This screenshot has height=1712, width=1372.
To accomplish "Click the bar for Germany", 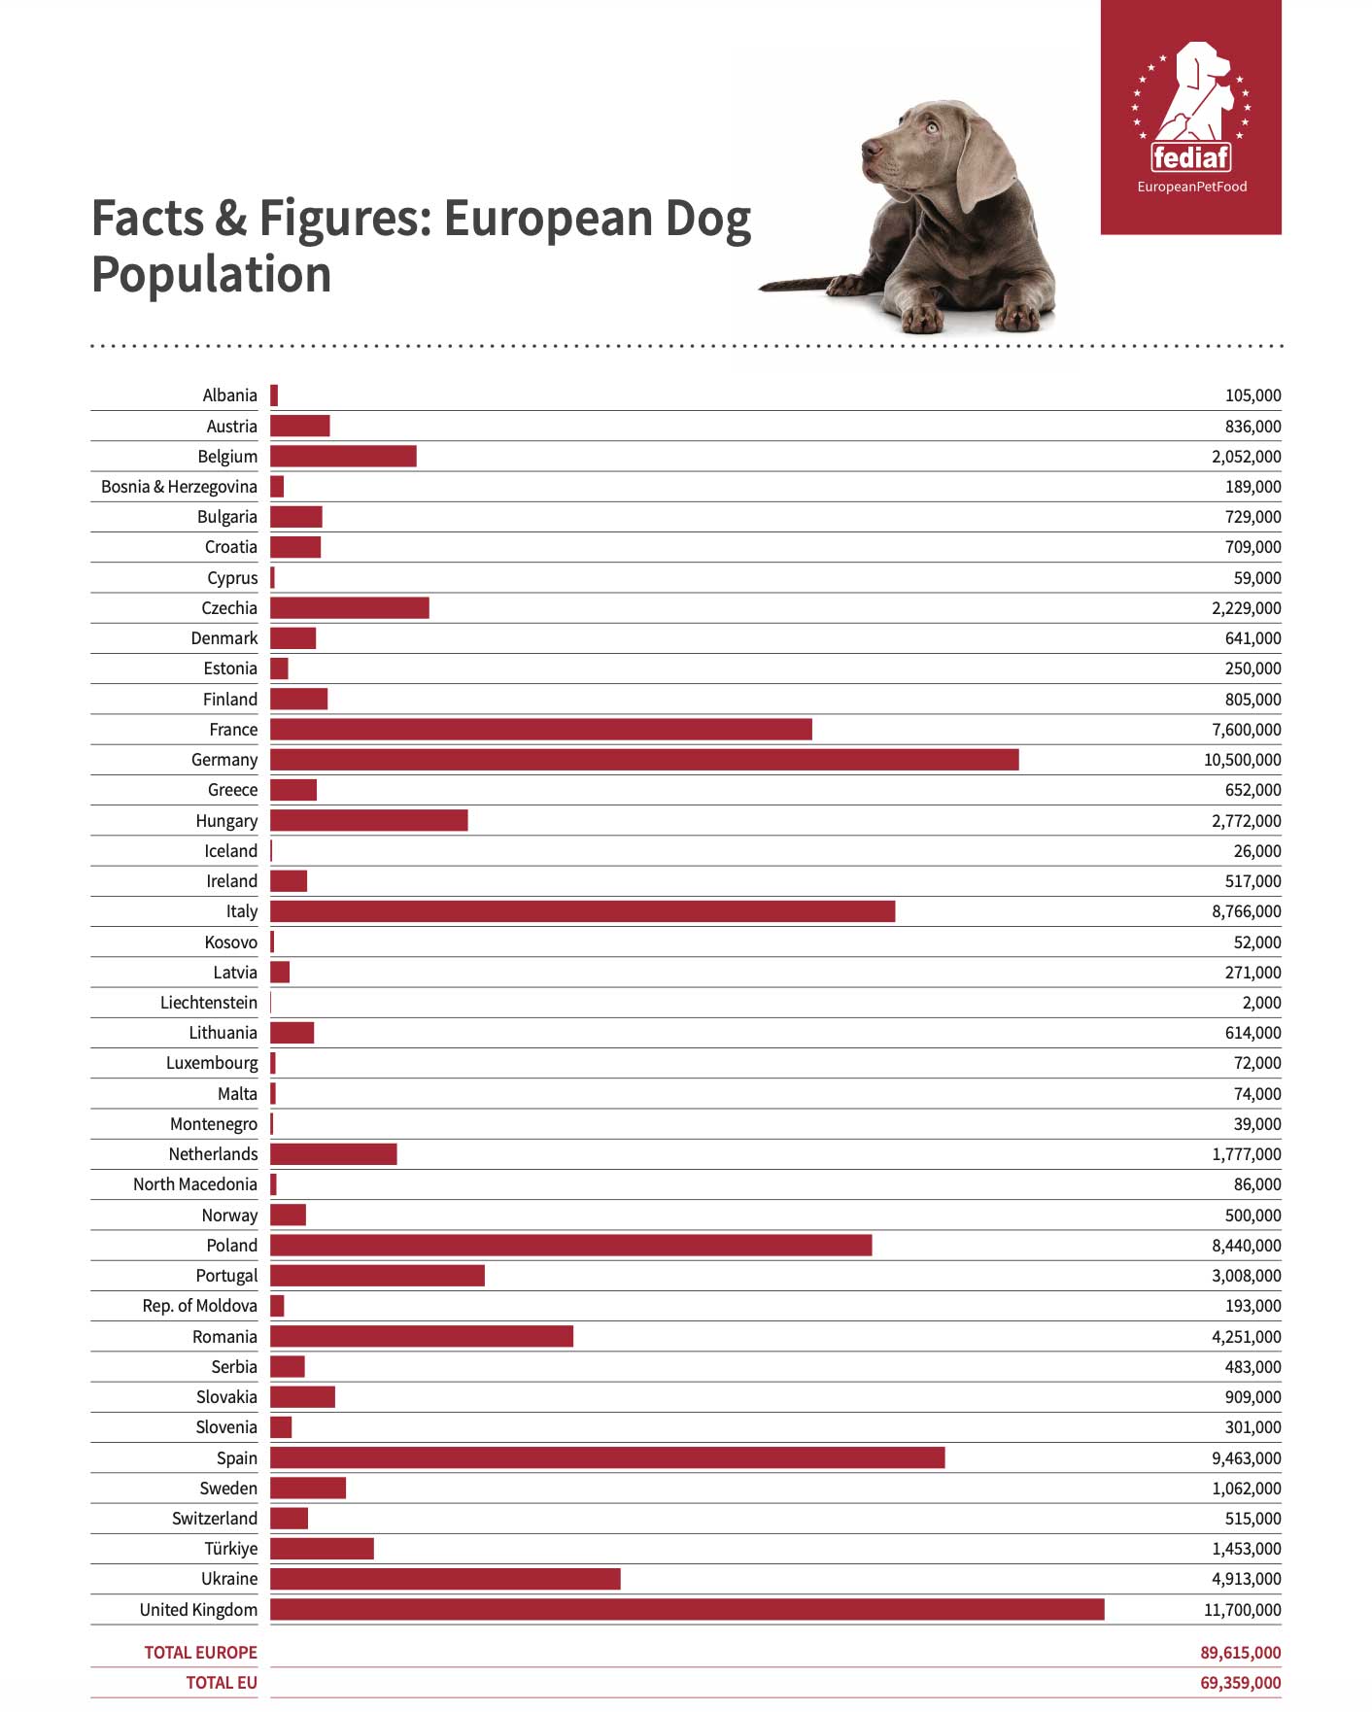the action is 644,759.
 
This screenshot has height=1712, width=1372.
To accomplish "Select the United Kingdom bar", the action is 687,1609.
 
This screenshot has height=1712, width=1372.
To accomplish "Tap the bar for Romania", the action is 422,1336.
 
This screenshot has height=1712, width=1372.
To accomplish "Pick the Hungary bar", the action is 369,820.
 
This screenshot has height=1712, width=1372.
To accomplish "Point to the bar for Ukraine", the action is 445,1579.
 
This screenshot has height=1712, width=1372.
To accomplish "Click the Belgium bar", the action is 343,456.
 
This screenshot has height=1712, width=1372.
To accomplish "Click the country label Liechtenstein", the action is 209,1003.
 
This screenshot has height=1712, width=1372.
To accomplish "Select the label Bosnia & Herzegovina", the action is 180,487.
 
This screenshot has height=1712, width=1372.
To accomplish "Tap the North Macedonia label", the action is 195,1184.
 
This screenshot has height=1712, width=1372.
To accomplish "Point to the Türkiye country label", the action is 231,1549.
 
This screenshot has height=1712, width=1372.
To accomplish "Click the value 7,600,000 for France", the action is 1247,730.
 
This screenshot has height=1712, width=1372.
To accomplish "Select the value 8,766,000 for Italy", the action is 1247,911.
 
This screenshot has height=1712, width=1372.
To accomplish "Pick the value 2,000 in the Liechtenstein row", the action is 1262,1003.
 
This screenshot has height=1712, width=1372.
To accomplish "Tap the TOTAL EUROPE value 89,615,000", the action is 1241,1653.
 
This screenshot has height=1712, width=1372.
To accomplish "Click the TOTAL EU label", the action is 222,1683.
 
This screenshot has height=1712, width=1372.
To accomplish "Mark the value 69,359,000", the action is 1241,1683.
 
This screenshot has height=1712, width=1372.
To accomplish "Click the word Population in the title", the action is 212,275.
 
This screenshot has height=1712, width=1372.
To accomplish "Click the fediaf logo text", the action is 1190,156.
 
